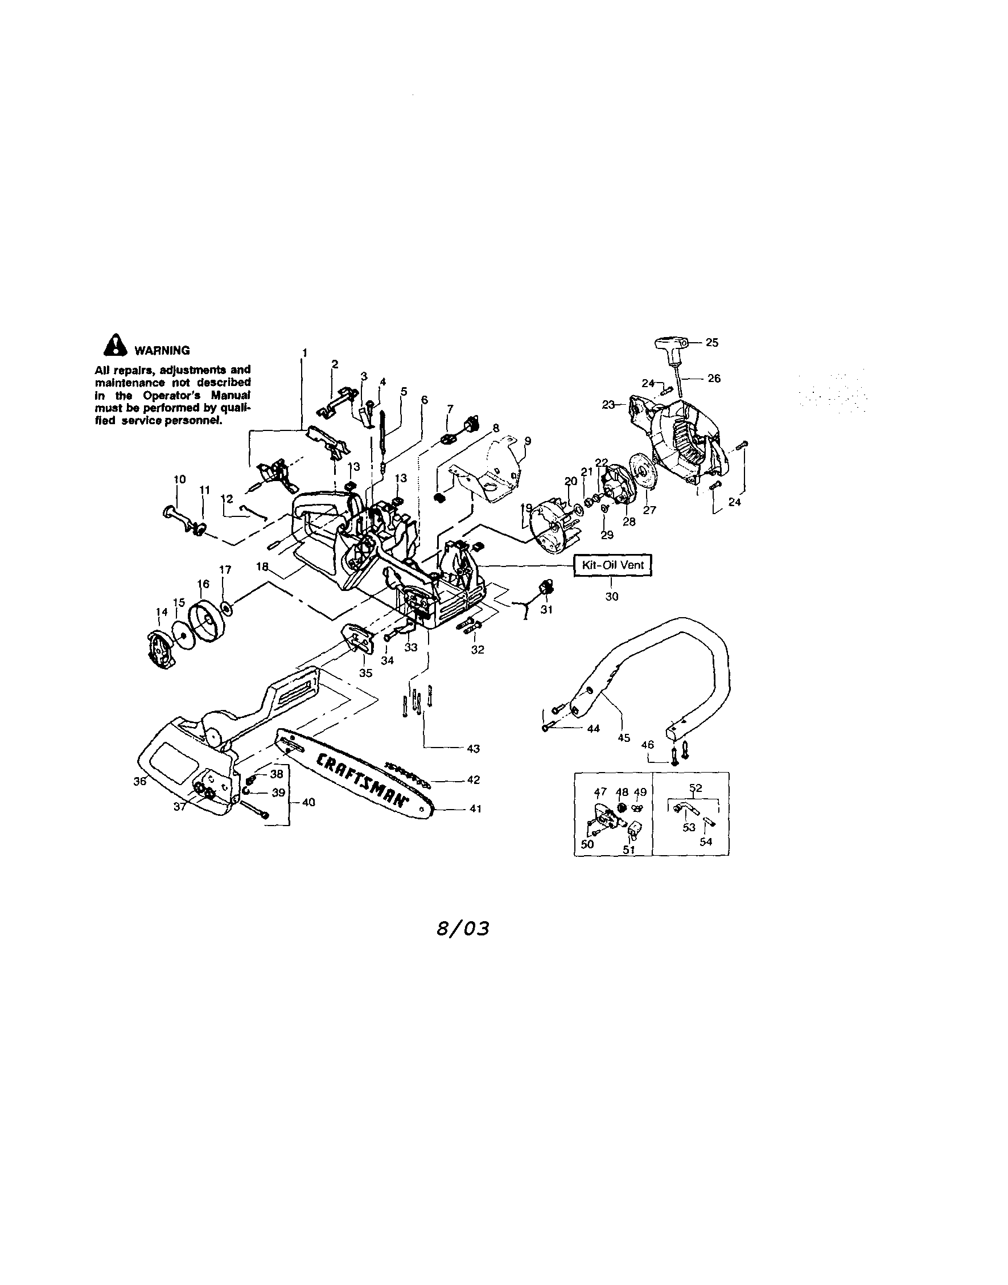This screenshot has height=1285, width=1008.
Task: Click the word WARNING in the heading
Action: [x=162, y=351]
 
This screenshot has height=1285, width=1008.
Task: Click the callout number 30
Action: [x=612, y=597]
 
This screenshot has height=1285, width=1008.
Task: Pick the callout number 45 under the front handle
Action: [x=624, y=738]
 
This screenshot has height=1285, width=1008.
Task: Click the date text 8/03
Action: [x=463, y=929]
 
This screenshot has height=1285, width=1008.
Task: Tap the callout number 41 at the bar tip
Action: [x=476, y=809]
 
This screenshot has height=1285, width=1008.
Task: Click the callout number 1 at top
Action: [x=305, y=353]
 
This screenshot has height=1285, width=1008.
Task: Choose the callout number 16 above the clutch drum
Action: [x=203, y=584]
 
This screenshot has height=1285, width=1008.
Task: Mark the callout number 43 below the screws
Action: [x=474, y=749]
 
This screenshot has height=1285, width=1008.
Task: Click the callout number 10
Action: [x=180, y=479]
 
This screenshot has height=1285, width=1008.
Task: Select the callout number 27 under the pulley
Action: [x=650, y=510]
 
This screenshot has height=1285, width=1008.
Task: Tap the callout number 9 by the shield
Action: [x=528, y=440]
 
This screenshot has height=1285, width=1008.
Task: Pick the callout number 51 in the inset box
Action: [x=630, y=851]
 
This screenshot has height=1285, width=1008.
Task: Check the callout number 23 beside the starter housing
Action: [x=608, y=405]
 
